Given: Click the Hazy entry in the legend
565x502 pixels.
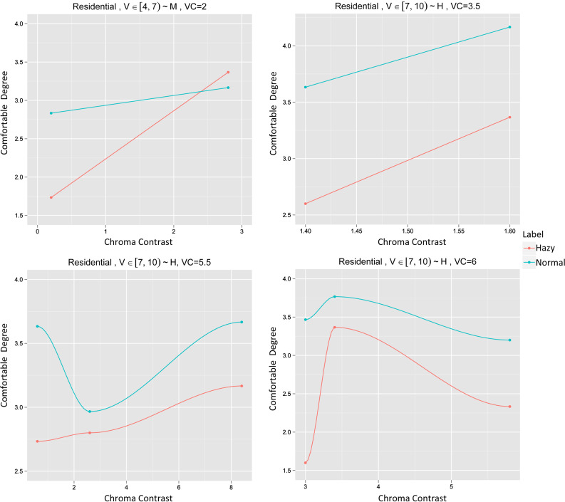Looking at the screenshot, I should (542, 248).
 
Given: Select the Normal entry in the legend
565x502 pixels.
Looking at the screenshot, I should (546, 262).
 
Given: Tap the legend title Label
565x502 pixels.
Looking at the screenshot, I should (534, 234).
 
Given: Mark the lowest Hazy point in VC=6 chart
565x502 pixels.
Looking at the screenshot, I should (306, 463).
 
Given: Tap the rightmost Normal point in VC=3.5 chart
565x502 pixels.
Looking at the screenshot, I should (510, 27).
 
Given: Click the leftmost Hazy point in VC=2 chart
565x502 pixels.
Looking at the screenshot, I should (51, 197).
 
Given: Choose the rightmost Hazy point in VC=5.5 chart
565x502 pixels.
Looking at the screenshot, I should (242, 386).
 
